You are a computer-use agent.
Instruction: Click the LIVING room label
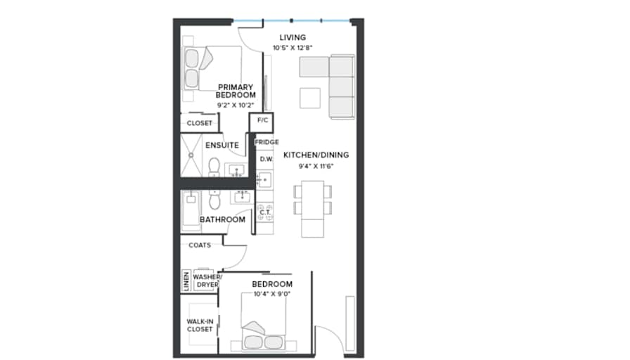click(292, 37)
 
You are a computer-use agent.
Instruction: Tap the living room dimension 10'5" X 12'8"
click(292, 48)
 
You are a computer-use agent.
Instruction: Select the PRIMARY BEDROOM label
click(236, 91)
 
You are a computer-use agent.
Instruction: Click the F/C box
click(262, 122)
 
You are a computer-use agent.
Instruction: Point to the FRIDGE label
click(266, 142)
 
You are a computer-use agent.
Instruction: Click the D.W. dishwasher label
click(266, 159)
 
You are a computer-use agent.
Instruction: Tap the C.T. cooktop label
click(265, 212)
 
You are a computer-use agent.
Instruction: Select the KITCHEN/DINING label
click(316, 155)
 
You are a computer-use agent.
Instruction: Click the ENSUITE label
click(222, 145)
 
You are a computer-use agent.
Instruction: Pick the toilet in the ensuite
click(214, 167)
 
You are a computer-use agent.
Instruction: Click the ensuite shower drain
click(191, 155)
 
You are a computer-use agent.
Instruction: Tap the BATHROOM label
click(223, 219)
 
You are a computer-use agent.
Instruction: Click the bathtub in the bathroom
click(191, 211)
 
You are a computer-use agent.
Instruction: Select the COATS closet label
click(200, 245)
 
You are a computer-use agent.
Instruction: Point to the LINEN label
click(186, 280)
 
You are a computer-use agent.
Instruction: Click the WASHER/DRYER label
click(207, 281)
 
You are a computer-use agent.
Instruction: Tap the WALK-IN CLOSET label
click(200, 325)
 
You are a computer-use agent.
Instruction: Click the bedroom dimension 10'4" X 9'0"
click(272, 294)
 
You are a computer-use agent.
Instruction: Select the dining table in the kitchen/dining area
click(313, 209)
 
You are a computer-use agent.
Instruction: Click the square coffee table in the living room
click(310, 98)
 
